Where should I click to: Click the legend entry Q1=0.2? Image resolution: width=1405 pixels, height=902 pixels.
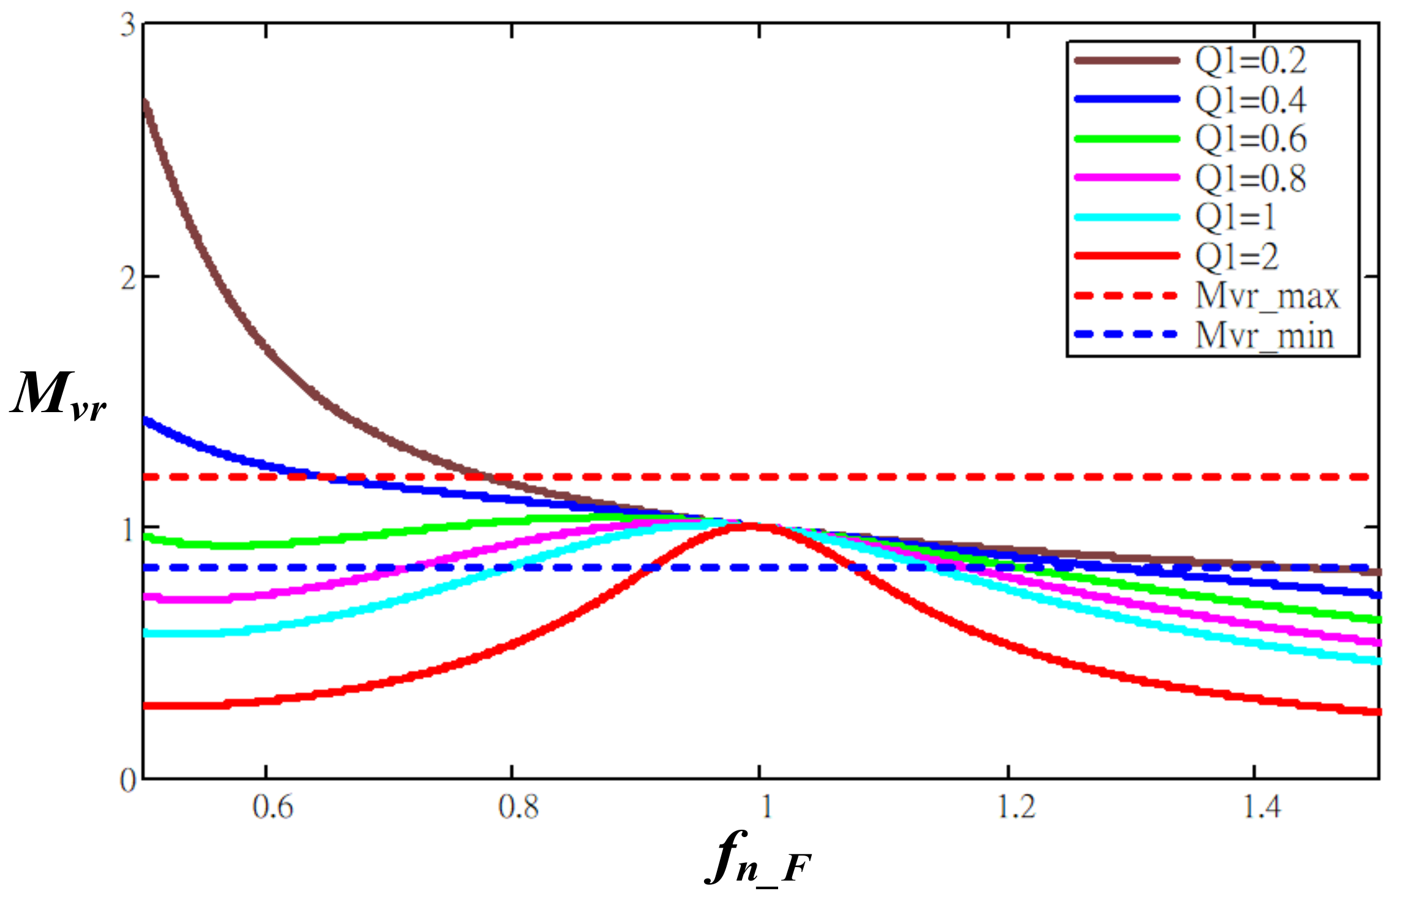(1250, 60)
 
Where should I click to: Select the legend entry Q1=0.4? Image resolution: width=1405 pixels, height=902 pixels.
(1250, 99)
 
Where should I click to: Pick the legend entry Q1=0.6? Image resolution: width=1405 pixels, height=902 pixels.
(1250, 138)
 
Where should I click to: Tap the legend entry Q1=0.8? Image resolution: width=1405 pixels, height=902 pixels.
(1250, 178)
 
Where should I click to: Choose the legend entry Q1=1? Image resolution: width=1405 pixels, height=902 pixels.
(1235, 217)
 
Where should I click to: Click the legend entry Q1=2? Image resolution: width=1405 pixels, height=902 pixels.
(1237, 256)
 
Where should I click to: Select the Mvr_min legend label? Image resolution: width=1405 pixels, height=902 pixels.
(1265, 336)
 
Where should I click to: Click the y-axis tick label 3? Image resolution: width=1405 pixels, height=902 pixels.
(127, 26)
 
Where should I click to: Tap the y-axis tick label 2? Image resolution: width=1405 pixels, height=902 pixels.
(127, 278)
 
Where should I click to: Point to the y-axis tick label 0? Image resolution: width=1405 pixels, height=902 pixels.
(127, 780)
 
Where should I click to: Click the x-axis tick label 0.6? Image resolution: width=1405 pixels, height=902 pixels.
(273, 807)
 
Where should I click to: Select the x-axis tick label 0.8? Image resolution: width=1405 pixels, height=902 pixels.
(519, 807)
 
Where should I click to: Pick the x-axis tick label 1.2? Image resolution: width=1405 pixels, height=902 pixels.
(1017, 807)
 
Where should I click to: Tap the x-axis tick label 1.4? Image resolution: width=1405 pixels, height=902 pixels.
(1262, 807)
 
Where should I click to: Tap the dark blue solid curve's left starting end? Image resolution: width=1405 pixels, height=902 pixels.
(144, 420)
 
